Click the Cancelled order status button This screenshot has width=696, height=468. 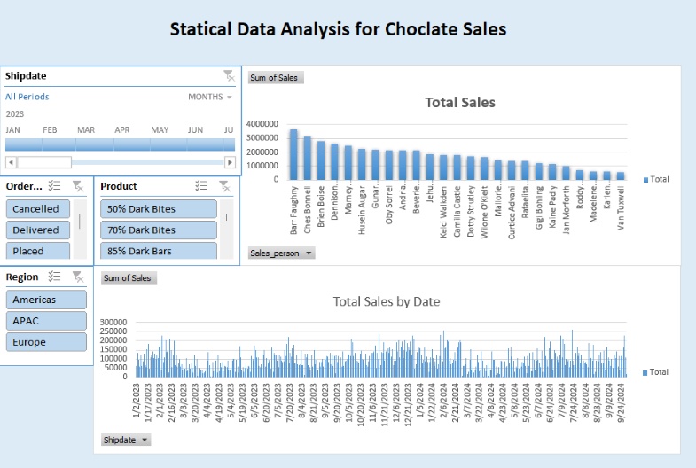35,209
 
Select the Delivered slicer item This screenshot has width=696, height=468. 35,230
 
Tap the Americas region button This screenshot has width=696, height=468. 46,300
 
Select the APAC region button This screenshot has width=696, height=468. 46,321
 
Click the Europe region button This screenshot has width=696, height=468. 46,342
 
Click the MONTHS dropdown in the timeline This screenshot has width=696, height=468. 211,97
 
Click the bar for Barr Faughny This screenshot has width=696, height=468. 293,154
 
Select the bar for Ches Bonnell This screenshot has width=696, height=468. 307,158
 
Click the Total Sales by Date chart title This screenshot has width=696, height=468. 387,301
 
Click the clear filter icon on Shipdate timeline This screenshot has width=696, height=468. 229,76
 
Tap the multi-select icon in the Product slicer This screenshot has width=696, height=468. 201,186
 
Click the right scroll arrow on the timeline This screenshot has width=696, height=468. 231,162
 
